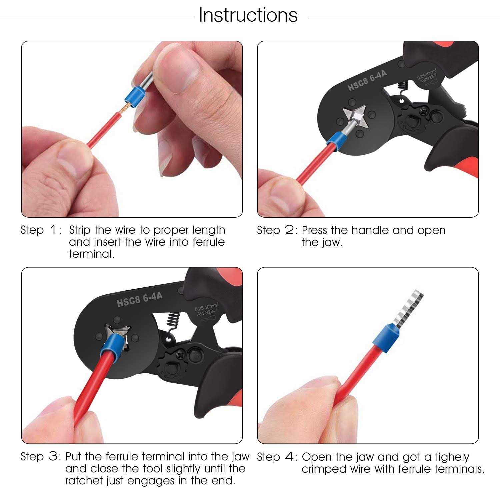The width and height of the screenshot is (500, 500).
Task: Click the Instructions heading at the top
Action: (248, 15)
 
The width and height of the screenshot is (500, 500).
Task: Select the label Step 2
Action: (277, 230)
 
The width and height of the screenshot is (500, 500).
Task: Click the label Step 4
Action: (277, 457)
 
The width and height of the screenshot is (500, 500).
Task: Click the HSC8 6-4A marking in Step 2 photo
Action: (367, 81)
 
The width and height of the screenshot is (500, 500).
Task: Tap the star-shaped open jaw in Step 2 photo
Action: (355, 117)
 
